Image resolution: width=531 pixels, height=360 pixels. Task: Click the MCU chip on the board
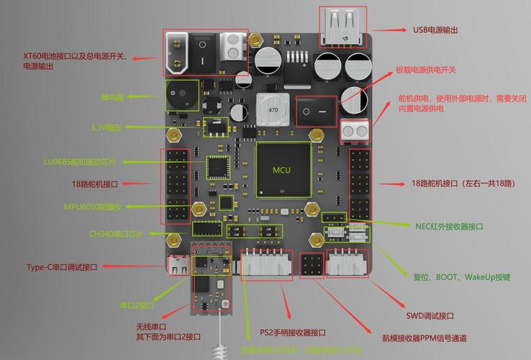tap(283, 170)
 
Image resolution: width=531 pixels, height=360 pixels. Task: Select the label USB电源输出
tap(435, 30)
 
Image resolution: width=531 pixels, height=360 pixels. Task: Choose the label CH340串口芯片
tap(116, 234)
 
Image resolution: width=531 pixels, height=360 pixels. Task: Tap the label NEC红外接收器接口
tap(449, 226)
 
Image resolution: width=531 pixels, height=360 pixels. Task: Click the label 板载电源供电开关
tap(426, 70)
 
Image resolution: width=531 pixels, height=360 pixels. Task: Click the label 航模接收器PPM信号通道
tap(424, 338)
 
